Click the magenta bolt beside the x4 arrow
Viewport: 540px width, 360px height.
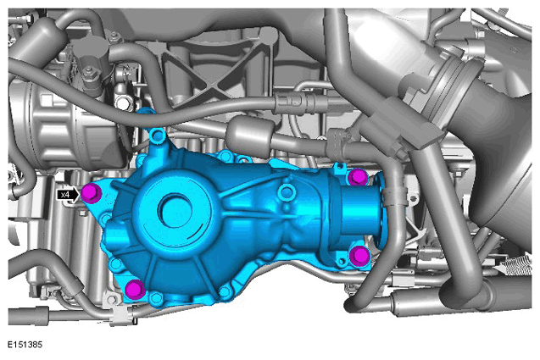click(x=92, y=194)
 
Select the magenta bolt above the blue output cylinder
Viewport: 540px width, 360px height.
click(x=358, y=177)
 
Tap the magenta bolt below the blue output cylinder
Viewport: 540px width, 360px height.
click(x=359, y=256)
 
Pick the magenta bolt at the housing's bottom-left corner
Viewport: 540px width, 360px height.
click(x=135, y=289)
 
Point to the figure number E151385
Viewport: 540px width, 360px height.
click(x=25, y=345)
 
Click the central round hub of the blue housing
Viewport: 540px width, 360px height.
click(x=175, y=210)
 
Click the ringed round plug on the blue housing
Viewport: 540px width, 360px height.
click(x=287, y=191)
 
